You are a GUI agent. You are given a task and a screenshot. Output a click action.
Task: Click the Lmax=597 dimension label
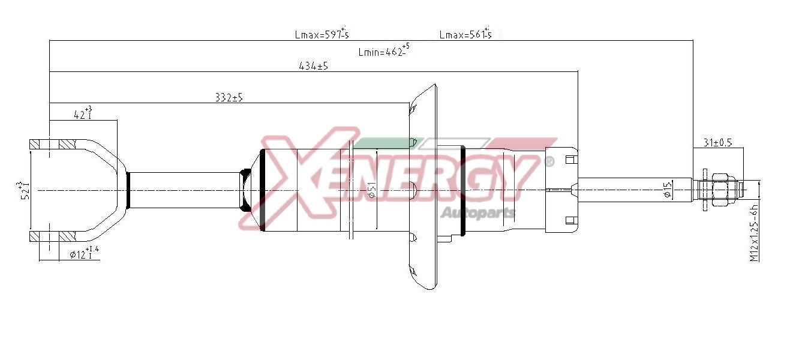(321, 34)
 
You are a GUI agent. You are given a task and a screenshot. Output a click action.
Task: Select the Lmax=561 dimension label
(465, 34)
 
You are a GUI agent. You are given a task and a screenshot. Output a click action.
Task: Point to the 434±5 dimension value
(313, 66)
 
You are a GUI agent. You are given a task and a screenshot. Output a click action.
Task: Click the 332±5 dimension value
(229, 97)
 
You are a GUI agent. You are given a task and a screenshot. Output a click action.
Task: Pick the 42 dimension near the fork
(82, 114)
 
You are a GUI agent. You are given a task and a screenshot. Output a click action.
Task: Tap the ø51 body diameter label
(373, 191)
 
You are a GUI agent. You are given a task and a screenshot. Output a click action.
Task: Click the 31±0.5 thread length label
(717, 143)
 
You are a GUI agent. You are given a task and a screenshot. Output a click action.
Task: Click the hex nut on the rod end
(717, 190)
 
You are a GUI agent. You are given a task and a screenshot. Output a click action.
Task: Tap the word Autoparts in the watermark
(478, 213)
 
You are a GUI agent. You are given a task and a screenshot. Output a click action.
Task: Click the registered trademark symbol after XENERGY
(548, 161)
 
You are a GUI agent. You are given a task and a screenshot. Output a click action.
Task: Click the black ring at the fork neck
(127, 190)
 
